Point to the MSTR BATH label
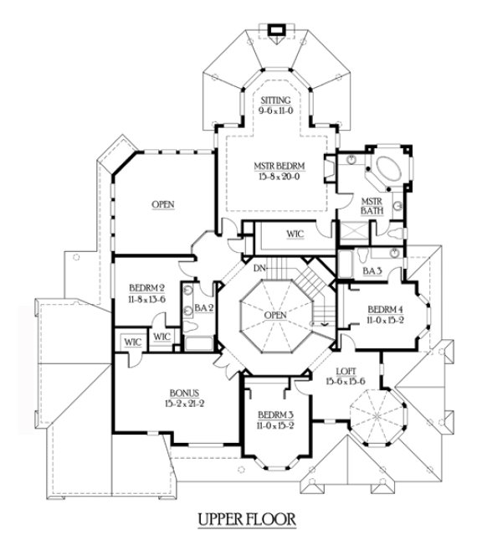click(371, 206)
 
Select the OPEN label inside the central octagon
click(274, 315)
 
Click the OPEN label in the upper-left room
click(162, 204)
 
